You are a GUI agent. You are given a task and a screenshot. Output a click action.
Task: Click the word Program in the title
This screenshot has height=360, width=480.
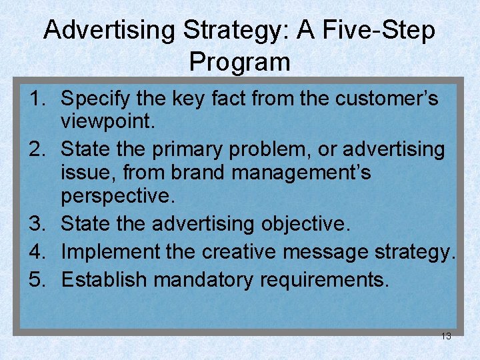(x=239, y=62)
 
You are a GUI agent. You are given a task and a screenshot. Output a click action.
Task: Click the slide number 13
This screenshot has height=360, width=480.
(x=446, y=336)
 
